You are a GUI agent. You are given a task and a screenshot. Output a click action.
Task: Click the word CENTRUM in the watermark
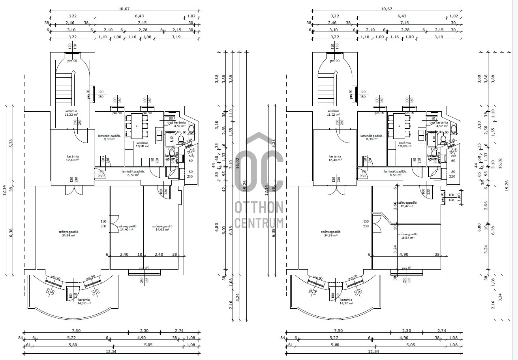pos(259,222)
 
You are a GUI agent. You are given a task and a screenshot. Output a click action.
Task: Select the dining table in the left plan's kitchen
pos(137,126)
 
